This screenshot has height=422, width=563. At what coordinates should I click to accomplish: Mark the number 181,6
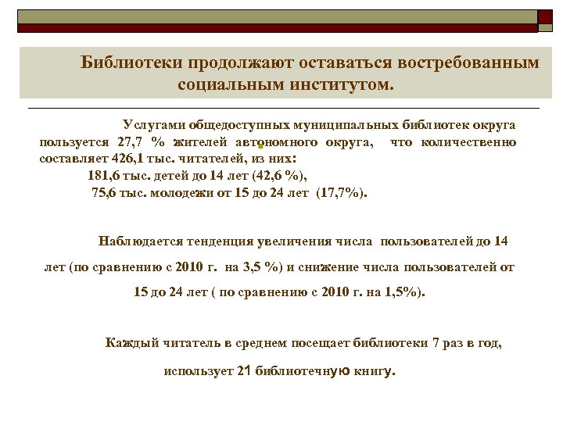(104, 174)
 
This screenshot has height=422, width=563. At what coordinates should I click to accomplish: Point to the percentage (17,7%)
(344, 191)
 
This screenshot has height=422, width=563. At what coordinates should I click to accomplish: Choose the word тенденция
(224, 241)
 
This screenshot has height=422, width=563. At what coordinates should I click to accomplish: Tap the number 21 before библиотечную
(242, 371)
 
